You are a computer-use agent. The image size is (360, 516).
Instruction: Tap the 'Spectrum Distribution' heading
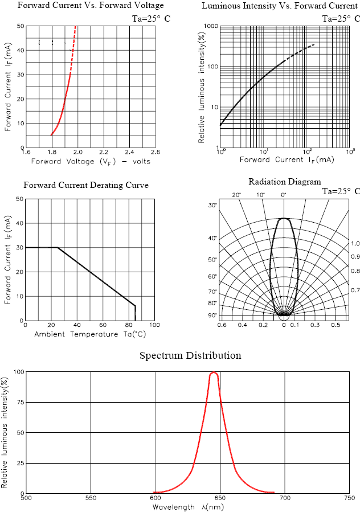[190, 356]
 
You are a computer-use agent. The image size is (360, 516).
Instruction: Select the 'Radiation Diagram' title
[284, 182]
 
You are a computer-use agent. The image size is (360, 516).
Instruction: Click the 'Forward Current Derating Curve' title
[86, 185]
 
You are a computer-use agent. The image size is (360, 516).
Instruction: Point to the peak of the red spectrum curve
[214, 372]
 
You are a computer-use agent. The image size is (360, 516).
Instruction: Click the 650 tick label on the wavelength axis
[220, 498]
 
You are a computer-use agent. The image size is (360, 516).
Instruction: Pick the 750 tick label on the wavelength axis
[349, 498]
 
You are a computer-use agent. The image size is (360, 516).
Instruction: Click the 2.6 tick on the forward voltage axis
[154, 152]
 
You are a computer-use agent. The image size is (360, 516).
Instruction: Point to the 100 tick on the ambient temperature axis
[154, 325]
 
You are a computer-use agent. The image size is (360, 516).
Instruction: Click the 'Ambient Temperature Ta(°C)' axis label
[90, 334]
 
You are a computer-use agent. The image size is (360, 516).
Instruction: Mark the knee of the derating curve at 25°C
[58, 247]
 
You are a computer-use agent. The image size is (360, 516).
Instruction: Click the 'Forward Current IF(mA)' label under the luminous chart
[287, 160]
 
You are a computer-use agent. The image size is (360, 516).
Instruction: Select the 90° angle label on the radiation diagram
[212, 315]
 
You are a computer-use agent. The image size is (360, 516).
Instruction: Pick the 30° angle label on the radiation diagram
[212, 205]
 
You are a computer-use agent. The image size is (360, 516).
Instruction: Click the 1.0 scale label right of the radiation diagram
[355, 243]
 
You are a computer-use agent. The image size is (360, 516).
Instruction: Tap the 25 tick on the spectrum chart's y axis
[19, 462]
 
